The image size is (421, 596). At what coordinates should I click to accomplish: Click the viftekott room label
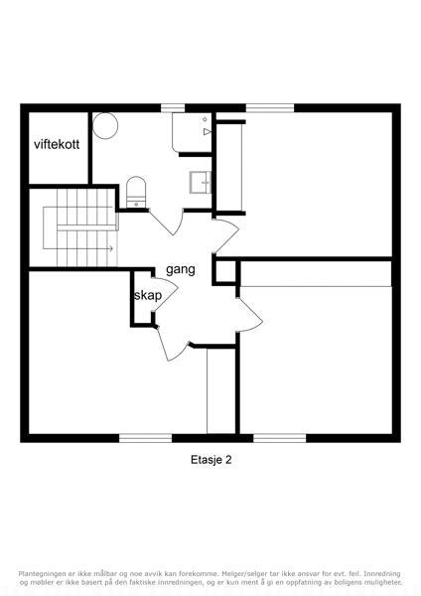[57, 144]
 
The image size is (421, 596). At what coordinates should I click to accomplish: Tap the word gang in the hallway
[181, 269]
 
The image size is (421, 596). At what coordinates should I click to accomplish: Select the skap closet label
[148, 295]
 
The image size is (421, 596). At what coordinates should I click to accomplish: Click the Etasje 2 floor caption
[210, 460]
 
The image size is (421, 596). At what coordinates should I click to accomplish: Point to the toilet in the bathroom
[136, 192]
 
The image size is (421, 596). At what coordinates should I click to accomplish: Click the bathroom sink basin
[201, 183]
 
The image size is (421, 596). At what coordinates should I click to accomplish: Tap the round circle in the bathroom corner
[105, 125]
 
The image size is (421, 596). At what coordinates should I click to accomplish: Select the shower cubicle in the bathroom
[192, 132]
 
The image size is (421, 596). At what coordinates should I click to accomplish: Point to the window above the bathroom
[173, 108]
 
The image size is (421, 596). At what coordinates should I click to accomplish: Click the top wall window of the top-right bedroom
[270, 108]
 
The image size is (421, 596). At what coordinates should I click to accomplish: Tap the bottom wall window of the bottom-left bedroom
[146, 438]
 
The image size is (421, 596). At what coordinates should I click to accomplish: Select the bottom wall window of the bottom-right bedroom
[280, 438]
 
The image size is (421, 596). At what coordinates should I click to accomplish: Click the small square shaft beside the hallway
[225, 271]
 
